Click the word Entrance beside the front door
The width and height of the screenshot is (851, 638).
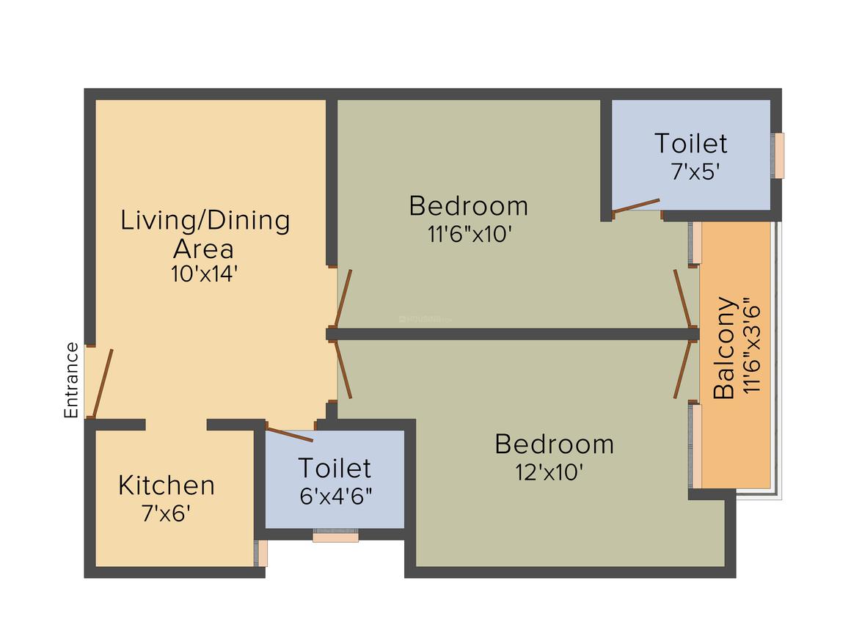click(71, 380)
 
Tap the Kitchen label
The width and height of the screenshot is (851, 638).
click(167, 485)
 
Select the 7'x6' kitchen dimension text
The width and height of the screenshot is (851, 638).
click(167, 513)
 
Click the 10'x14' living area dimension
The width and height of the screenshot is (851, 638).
click(204, 274)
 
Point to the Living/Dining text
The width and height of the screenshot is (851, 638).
click(205, 220)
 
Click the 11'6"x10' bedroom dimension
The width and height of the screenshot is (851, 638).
click(469, 234)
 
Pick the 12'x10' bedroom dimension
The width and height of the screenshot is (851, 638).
click(549, 472)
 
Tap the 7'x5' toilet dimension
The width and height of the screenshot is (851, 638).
click(690, 172)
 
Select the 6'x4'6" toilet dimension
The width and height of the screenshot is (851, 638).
click(336, 496)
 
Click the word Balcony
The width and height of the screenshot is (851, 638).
click(724, 347)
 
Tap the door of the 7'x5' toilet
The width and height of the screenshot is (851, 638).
click(635, 205)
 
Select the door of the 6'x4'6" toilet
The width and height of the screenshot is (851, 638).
click(289, 434)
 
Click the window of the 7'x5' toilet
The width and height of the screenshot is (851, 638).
click(778, 155)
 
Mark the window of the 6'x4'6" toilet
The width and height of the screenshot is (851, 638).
click(335, 536)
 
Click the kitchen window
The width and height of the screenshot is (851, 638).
click(261, 553)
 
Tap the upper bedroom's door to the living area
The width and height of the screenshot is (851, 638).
click(343, 298)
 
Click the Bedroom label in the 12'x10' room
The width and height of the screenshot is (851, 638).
click(554, 444)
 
